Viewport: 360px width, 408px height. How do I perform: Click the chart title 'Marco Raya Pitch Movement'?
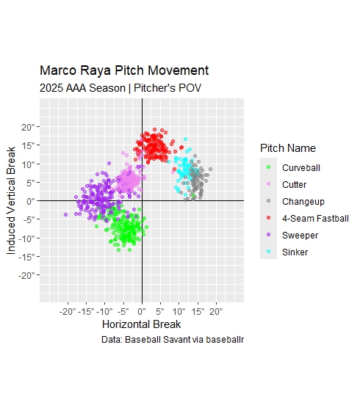(124, 71)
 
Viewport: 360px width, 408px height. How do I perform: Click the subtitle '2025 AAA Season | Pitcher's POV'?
(120, 88)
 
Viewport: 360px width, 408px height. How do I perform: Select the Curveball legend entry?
(300, 168)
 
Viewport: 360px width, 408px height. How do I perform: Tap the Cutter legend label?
(295, 185)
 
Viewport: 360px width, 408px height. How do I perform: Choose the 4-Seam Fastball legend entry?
(309, 218)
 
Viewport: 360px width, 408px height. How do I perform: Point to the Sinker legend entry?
(295, 252)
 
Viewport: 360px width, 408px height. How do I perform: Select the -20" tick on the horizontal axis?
(68, 311)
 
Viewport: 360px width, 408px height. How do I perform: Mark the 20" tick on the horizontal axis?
(216, 311)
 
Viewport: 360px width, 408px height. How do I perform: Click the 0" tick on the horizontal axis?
(142, 311)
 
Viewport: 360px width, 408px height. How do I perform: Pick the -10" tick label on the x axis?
(104, 311)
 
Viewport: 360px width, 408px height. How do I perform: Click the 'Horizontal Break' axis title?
(141, 324)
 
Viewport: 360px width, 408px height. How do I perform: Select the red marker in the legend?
(269, 218)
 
